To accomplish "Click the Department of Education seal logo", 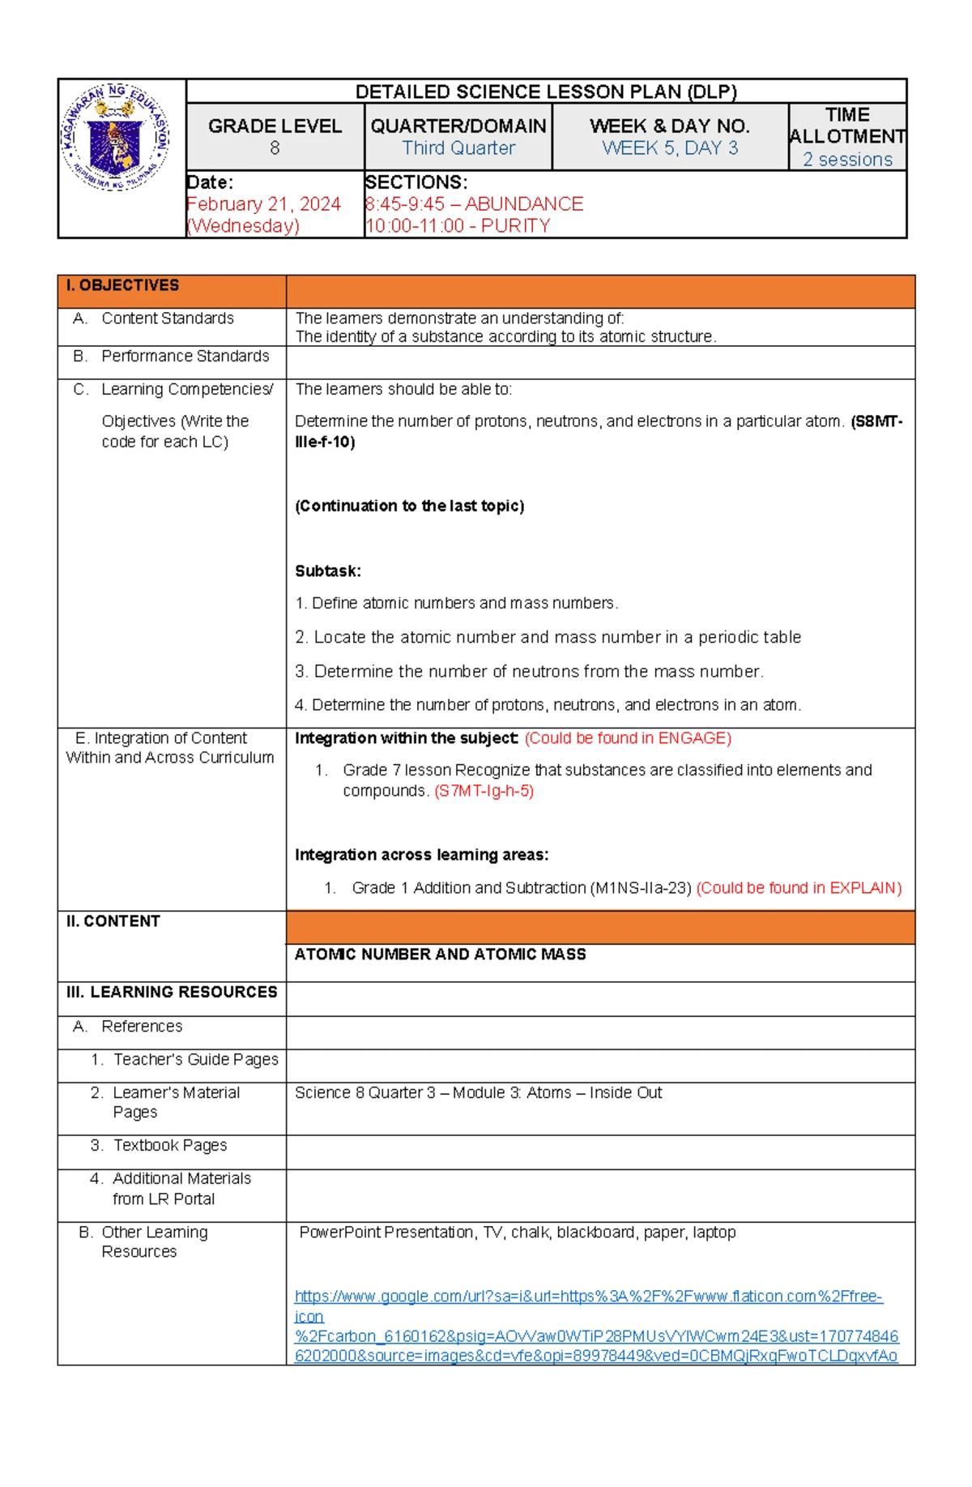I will tap(115, 137).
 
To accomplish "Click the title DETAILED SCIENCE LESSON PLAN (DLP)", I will tap(545, 92).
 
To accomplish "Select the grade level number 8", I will tap(275, 148).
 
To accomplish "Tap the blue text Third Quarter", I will tap(458, 148).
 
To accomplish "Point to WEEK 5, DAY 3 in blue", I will tap(670, 148).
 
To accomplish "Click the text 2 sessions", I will tap(847, 160).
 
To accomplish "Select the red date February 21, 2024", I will tap(263, 204).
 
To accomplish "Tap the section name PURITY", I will tap(515, 226).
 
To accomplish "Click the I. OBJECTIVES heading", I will tap(122, 285).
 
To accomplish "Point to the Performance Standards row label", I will tap(185, 356).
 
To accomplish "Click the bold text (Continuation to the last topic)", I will tap(409, 506).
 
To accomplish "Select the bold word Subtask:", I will tap(327, 571).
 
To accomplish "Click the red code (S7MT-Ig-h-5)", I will tap(484, 791).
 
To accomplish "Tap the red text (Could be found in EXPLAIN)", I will tap(799, 888).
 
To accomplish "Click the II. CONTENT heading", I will tap(113, 921).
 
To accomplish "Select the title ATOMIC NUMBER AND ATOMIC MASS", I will tap(440, 955).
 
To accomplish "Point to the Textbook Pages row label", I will tap(170, 1145).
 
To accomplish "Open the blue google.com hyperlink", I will tap(588, 1297).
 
